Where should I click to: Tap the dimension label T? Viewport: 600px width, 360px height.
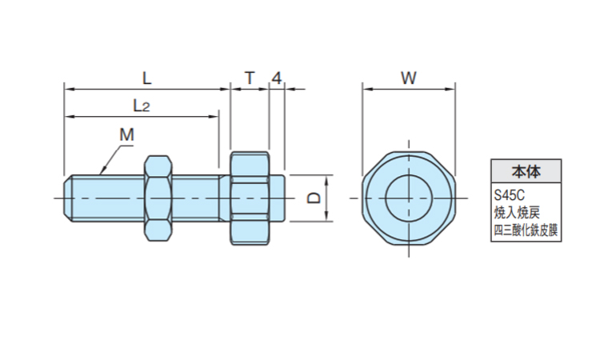(x=249, y=78)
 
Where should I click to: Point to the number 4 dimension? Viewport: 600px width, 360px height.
(x=276, y=78)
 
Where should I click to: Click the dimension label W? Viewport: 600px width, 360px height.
(x=408, y=78)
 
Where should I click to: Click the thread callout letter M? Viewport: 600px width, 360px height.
(x=126, y=134)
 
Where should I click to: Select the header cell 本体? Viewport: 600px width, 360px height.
(x=526, y=171)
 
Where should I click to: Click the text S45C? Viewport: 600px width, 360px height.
(x=508, y=195)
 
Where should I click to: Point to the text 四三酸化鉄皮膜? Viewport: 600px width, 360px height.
(x=526, y=231)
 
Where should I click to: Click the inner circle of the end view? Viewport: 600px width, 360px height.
(x=409, y=197)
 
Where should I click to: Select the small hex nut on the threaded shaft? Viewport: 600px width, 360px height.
(x=157, y=197)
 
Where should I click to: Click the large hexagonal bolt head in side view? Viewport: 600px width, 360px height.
(x=250, y=197)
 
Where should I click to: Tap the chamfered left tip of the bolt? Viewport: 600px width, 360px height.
(x=69, y=197)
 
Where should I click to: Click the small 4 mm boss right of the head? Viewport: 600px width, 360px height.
(x=277, y=197)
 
